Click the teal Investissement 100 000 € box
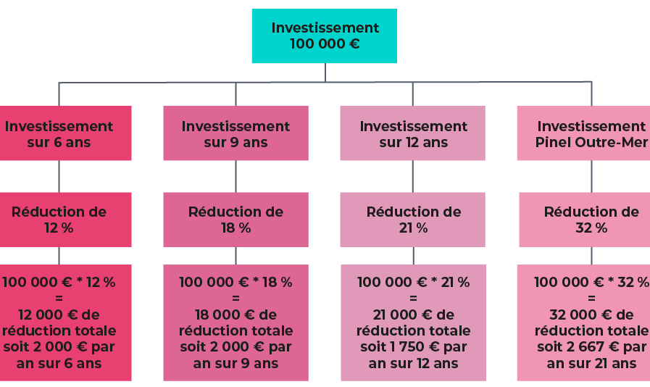tap(324, 36)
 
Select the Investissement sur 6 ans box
tap(65, 133)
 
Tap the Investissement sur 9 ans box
tap(236, 133)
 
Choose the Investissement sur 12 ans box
tap(412, 133)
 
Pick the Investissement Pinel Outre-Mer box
tap(583, 133)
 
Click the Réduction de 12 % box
tap(65, 220)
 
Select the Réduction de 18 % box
tap(236, 220)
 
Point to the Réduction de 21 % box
tap(412, 220)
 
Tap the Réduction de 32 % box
tap(585, 220)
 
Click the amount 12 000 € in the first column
tap(48, 315)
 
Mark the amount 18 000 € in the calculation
tap(225, 315)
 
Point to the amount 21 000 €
tap(402, 315)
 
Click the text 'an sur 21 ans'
tap(591, 363)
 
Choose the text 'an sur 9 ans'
tap(236, 363)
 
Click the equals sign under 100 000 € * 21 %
tap(413, 299)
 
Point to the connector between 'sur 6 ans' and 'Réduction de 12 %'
tap(59, 176)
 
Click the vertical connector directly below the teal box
tap(325, 72)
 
